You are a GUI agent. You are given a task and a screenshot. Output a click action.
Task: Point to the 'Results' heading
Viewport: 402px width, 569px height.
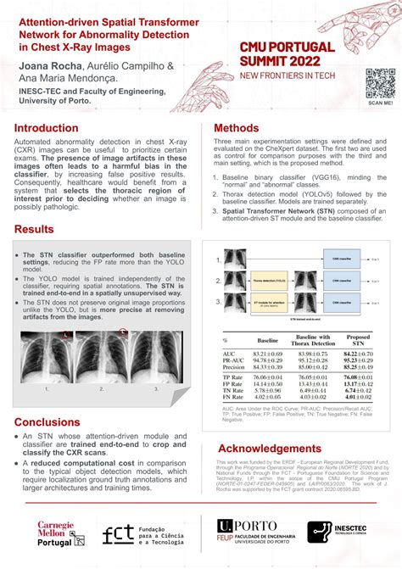pyautogui.click(x=34, y=230)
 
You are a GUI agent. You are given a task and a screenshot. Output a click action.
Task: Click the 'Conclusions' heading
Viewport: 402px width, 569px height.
pyautogui.click(x=47, y=422)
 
